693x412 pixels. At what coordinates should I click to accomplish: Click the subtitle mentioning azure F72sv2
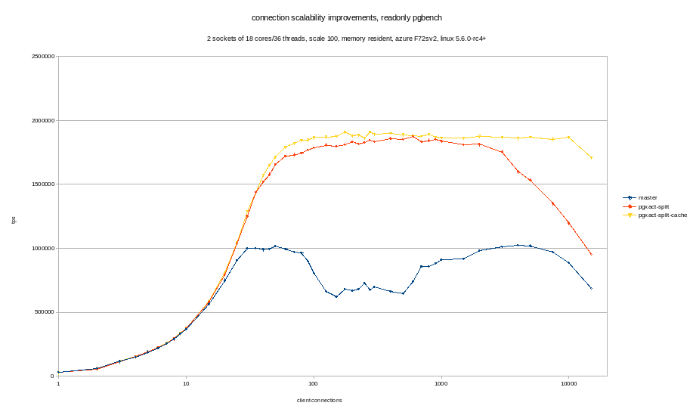click(346, 39)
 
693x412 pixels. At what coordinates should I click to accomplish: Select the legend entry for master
click(648, 198)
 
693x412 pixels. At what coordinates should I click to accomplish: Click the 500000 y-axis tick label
click(43, 312)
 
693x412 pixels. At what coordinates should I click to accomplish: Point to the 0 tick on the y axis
click(51, 376)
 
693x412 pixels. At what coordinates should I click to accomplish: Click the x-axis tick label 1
click(58, 384)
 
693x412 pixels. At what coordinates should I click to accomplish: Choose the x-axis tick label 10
click(186, 384)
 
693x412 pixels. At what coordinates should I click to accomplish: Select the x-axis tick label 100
click(313, 384)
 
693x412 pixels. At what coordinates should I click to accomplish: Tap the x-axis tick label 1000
click(441, 384)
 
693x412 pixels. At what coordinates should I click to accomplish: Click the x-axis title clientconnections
click(319, 401)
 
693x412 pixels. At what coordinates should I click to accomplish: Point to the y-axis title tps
click(14, 220)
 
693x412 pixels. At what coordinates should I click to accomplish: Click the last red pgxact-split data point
click(591, 254)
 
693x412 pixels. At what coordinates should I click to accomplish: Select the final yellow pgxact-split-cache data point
click(591, 158)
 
